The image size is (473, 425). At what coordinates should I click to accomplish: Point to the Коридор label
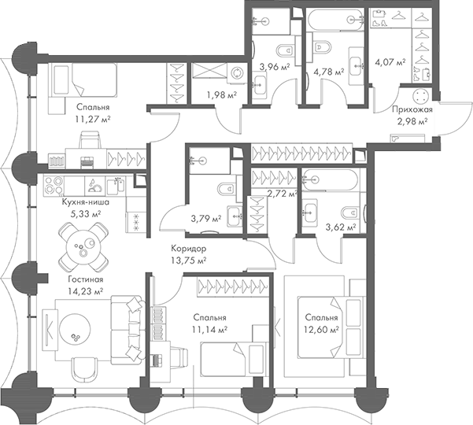tap(189, 247)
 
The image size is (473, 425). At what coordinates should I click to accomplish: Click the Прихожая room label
tap(410, 110)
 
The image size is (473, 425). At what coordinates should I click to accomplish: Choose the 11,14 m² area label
tap(210, 330)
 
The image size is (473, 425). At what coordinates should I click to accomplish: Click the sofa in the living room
tap(126, 331)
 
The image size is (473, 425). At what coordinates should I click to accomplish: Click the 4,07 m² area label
tap(390, 61)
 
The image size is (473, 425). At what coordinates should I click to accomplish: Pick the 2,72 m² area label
tap(280, 193)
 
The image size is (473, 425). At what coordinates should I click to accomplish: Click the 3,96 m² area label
tap(275, 67)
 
